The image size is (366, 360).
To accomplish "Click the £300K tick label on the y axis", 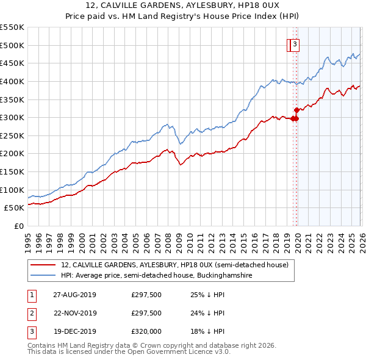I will [x=12, y=117].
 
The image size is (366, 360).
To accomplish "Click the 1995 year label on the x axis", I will [x=28, y=238].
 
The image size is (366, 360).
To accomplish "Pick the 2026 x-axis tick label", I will [x=362, y=238].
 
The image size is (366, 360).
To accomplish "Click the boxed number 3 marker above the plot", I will [x=295, y=44].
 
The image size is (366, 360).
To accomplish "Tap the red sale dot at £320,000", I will [x=296, y=110].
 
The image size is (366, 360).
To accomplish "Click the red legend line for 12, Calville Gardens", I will [x=43, y=265].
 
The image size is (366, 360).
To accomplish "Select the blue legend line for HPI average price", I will [x=43, y=276].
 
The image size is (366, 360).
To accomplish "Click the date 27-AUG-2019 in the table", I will [x=74, y=295].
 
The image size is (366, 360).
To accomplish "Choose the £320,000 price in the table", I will [x=146, y=332].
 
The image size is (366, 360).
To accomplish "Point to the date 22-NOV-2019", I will [x=74, y=314].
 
